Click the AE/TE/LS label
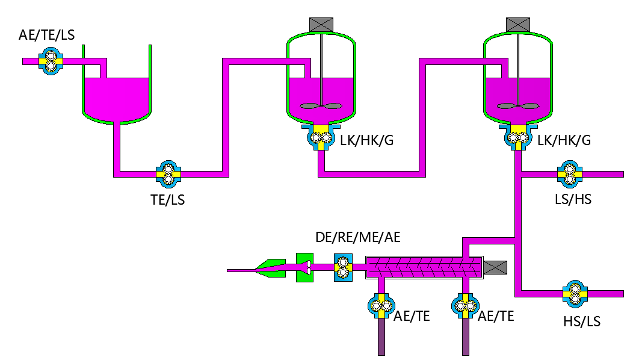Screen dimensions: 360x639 tap(46, 35)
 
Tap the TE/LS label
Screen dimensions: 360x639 tap(167, 200)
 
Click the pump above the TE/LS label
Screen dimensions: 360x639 tap(168, 173)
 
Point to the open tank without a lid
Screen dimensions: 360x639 tap(116, 90)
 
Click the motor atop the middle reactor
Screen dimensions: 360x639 tap(321, 25)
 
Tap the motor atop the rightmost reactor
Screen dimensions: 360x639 tap(518, 25)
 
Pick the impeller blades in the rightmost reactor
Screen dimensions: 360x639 tap(518, 106)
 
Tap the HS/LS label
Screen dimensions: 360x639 tap(581, 321)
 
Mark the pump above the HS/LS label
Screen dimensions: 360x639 tap(575, 294)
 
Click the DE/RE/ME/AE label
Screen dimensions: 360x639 tap(357, 237)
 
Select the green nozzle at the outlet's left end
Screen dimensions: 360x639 tap(270, 268)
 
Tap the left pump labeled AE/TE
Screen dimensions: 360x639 tap(380, 306)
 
